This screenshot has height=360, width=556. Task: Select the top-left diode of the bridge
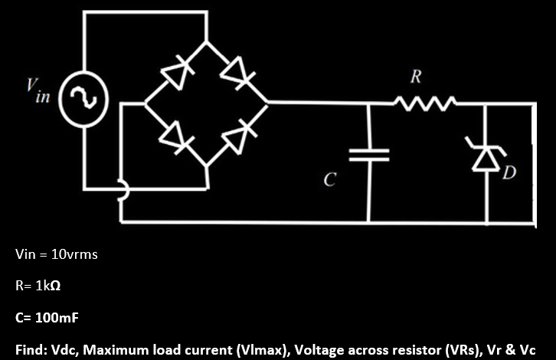pyautogui.click(x=175, y=74)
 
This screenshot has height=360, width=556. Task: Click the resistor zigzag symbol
pyautogui.click(x=425, y=101)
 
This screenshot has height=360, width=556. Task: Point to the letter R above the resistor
pyautogui.click(x=414, y=77)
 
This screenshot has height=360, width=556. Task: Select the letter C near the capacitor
pyautogui.click(x=329, y=180)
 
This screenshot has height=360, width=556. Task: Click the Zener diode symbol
pyautogui.click(x=487, y=156)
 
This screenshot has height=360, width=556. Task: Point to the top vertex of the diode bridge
pyautogui.click(x=206, y=42)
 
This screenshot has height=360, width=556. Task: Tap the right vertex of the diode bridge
pyautogui.click(x=267, y=102)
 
